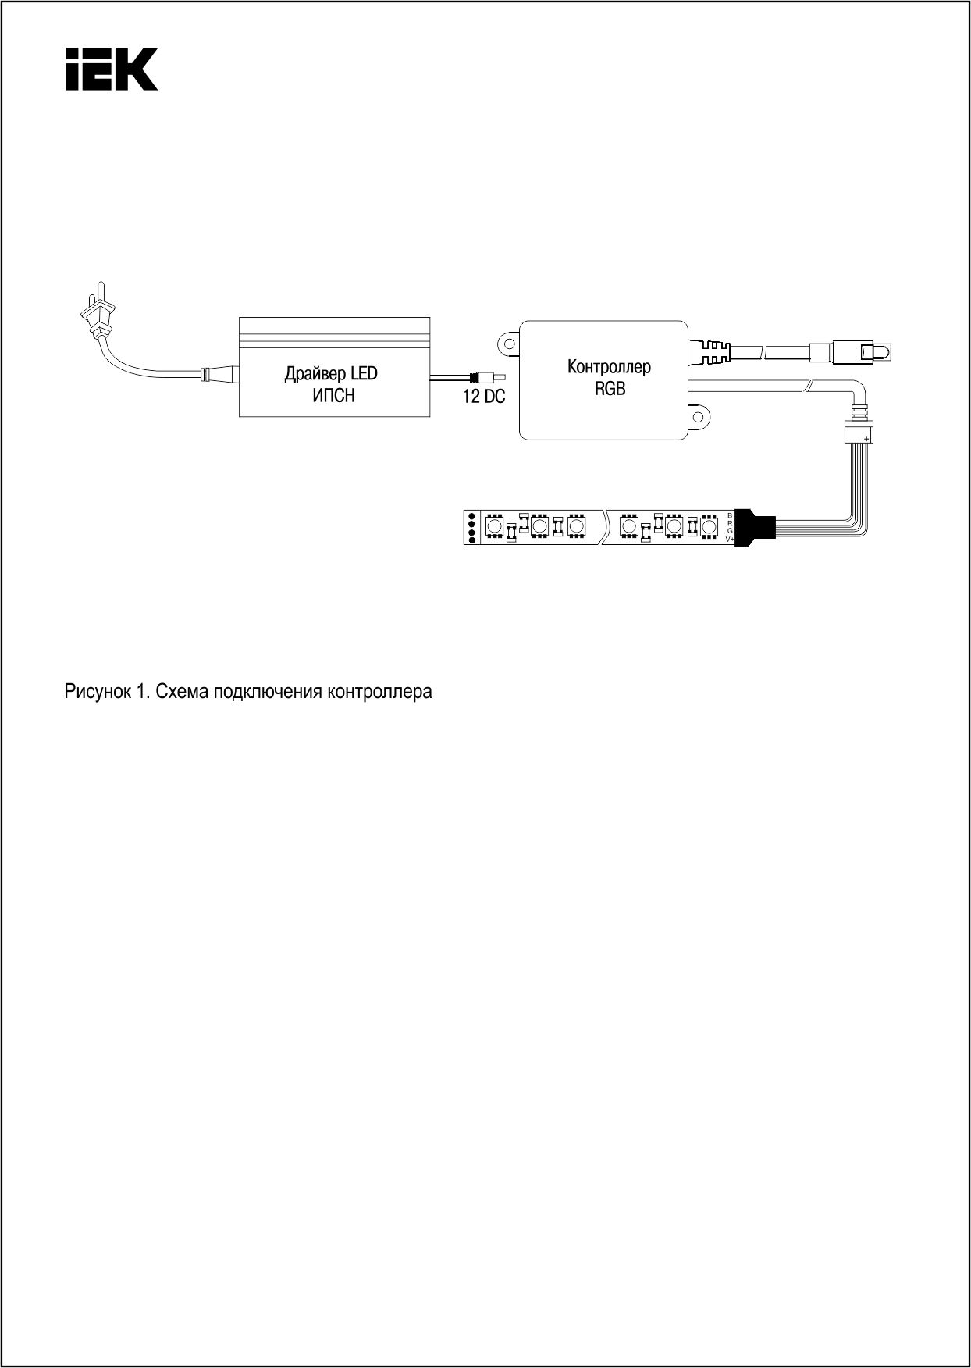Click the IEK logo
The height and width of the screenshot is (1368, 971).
[111, 69]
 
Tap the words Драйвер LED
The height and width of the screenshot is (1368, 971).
[331, 374]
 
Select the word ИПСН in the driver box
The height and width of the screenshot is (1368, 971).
[333, 396]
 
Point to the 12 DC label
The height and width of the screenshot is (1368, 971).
[484, 397]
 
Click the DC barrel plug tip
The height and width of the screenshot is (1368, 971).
[500, 377]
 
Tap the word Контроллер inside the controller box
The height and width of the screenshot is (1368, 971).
[609, 367]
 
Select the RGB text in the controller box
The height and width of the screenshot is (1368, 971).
[610, 388]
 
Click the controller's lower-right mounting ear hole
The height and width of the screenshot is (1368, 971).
[699, 415]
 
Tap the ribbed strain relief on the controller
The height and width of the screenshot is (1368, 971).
[710, 351]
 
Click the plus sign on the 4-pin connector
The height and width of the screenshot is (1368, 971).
[866, 439]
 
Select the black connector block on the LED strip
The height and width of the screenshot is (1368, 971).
[754, 528]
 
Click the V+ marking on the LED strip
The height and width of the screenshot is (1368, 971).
[730, 540]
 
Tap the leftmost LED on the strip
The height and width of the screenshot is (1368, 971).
[493, 528]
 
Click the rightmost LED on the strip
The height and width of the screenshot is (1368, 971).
[709, 528]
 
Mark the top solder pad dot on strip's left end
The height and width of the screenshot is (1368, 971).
[471, 517]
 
